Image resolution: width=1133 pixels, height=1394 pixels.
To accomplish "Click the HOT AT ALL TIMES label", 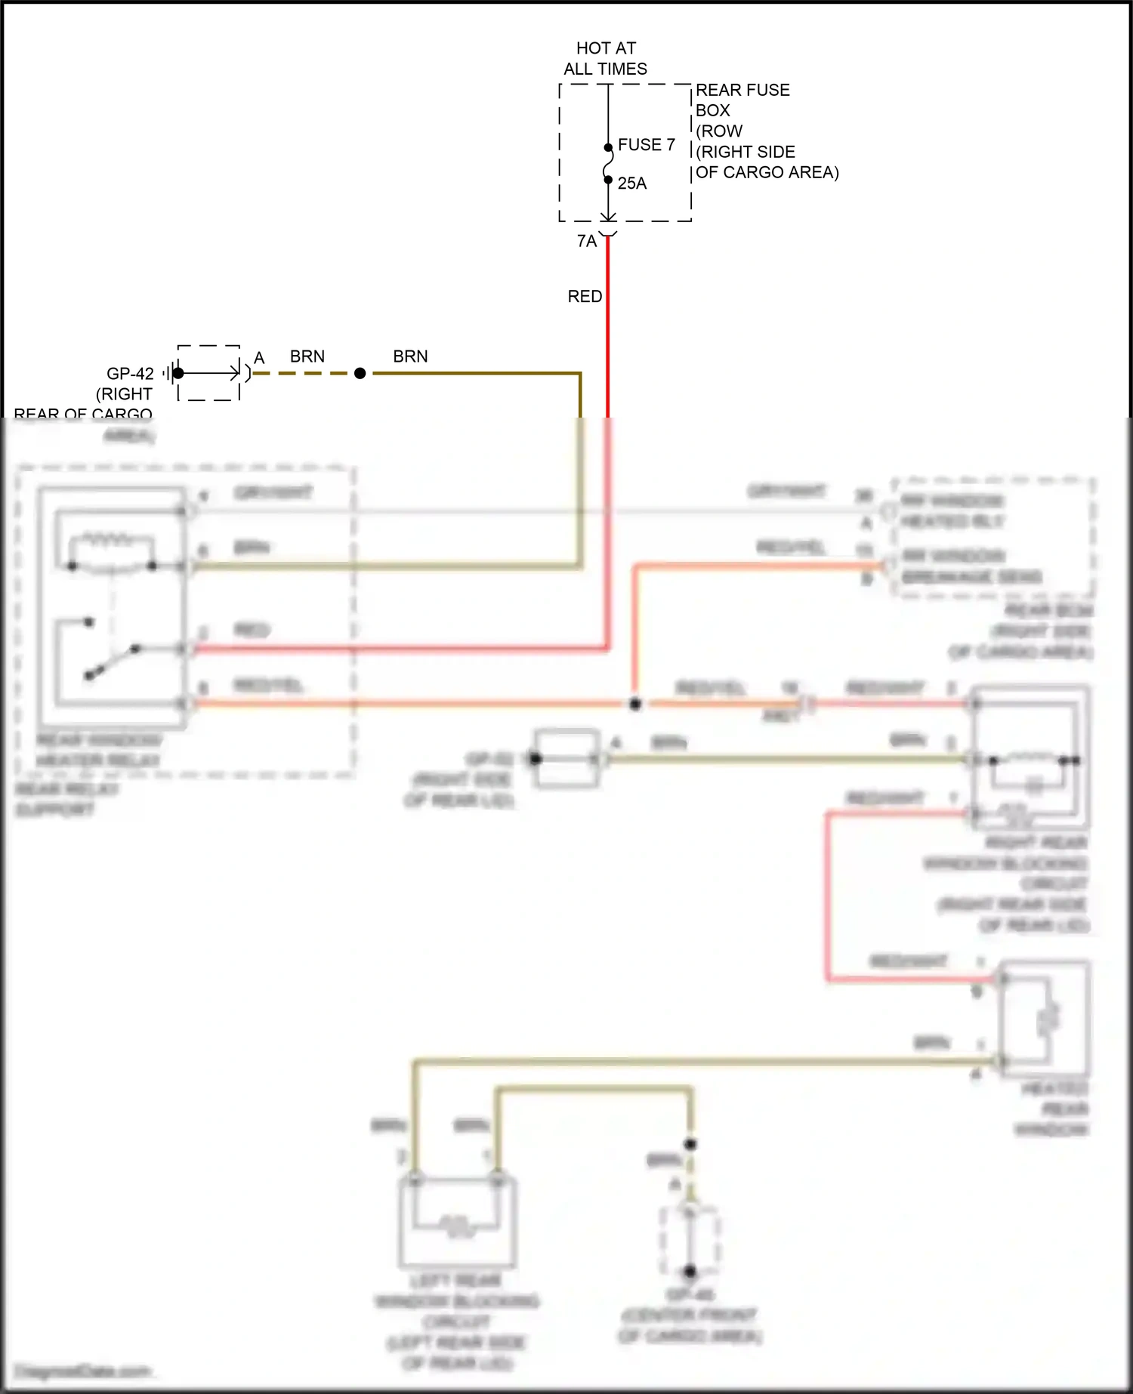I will click(606, 58).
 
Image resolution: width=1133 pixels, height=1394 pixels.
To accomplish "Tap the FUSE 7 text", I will click(646, 144).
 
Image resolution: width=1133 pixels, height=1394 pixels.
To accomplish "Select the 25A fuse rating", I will click(632, 184).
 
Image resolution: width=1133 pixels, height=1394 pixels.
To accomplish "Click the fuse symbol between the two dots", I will click(608, 164).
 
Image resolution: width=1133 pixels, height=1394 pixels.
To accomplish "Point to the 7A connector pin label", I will click(587, 241).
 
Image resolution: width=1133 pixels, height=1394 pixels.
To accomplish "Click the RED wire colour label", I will click(585, 296).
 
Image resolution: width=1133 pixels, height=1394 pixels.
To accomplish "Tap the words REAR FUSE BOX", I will click(742, 100).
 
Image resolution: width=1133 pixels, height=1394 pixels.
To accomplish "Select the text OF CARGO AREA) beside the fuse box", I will click(767, 172).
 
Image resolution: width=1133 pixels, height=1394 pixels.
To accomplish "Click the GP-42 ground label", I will click(130, 373).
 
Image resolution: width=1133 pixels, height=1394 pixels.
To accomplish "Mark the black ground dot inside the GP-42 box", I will click(178, 373).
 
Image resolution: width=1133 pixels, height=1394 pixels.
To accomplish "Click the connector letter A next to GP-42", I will click(259, 358).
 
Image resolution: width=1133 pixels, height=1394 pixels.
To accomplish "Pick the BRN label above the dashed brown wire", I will click(307, 356).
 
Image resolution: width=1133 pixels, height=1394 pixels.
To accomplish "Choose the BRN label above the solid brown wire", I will click(410, 356).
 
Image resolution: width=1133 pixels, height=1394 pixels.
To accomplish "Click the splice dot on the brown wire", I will click(360, 373).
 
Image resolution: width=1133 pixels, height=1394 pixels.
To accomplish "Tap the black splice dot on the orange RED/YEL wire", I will click(635, 704).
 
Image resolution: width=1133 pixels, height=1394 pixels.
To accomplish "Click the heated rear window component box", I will click(1045, 1019).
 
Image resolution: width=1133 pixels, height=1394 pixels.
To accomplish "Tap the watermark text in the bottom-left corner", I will click(83, 1371).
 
